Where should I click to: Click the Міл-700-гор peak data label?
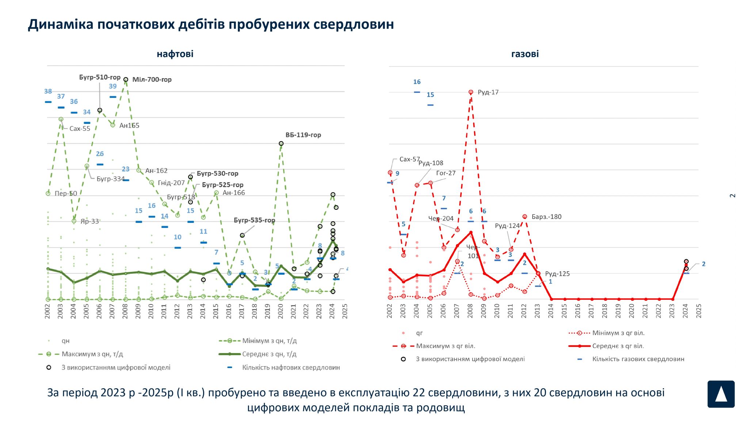click(x=152, y=80)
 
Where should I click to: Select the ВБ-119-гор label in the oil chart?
click(x=303, y=135)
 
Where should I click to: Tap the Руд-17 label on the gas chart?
click(x=488, y=92)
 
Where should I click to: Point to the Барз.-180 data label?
click(x=546, y=217)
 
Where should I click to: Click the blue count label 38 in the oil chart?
click(x=48, y=91)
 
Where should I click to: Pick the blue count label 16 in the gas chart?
click(x=417, y=82)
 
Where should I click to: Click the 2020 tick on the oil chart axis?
click(x=280, y=311)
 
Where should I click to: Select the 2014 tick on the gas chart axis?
click(x=551, y=311)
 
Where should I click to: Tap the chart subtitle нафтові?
click(x=175, y=54)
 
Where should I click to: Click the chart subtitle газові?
click(x=525, y=54)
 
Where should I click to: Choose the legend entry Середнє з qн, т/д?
click(x=269, y=354)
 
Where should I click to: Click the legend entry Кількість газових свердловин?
click(x=638, y=359)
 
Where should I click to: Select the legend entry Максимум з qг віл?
click(x=445, y=346)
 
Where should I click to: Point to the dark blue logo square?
click(x=721, y=394)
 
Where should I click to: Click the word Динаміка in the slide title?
click(x=61, y=24)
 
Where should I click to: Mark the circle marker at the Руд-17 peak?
click(x=471, y=92)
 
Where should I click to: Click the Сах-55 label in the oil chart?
click(x=80, y=129)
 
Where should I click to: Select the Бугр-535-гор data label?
click(x=254, y=220)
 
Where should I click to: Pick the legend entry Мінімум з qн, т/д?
click(x=269, y=341)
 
